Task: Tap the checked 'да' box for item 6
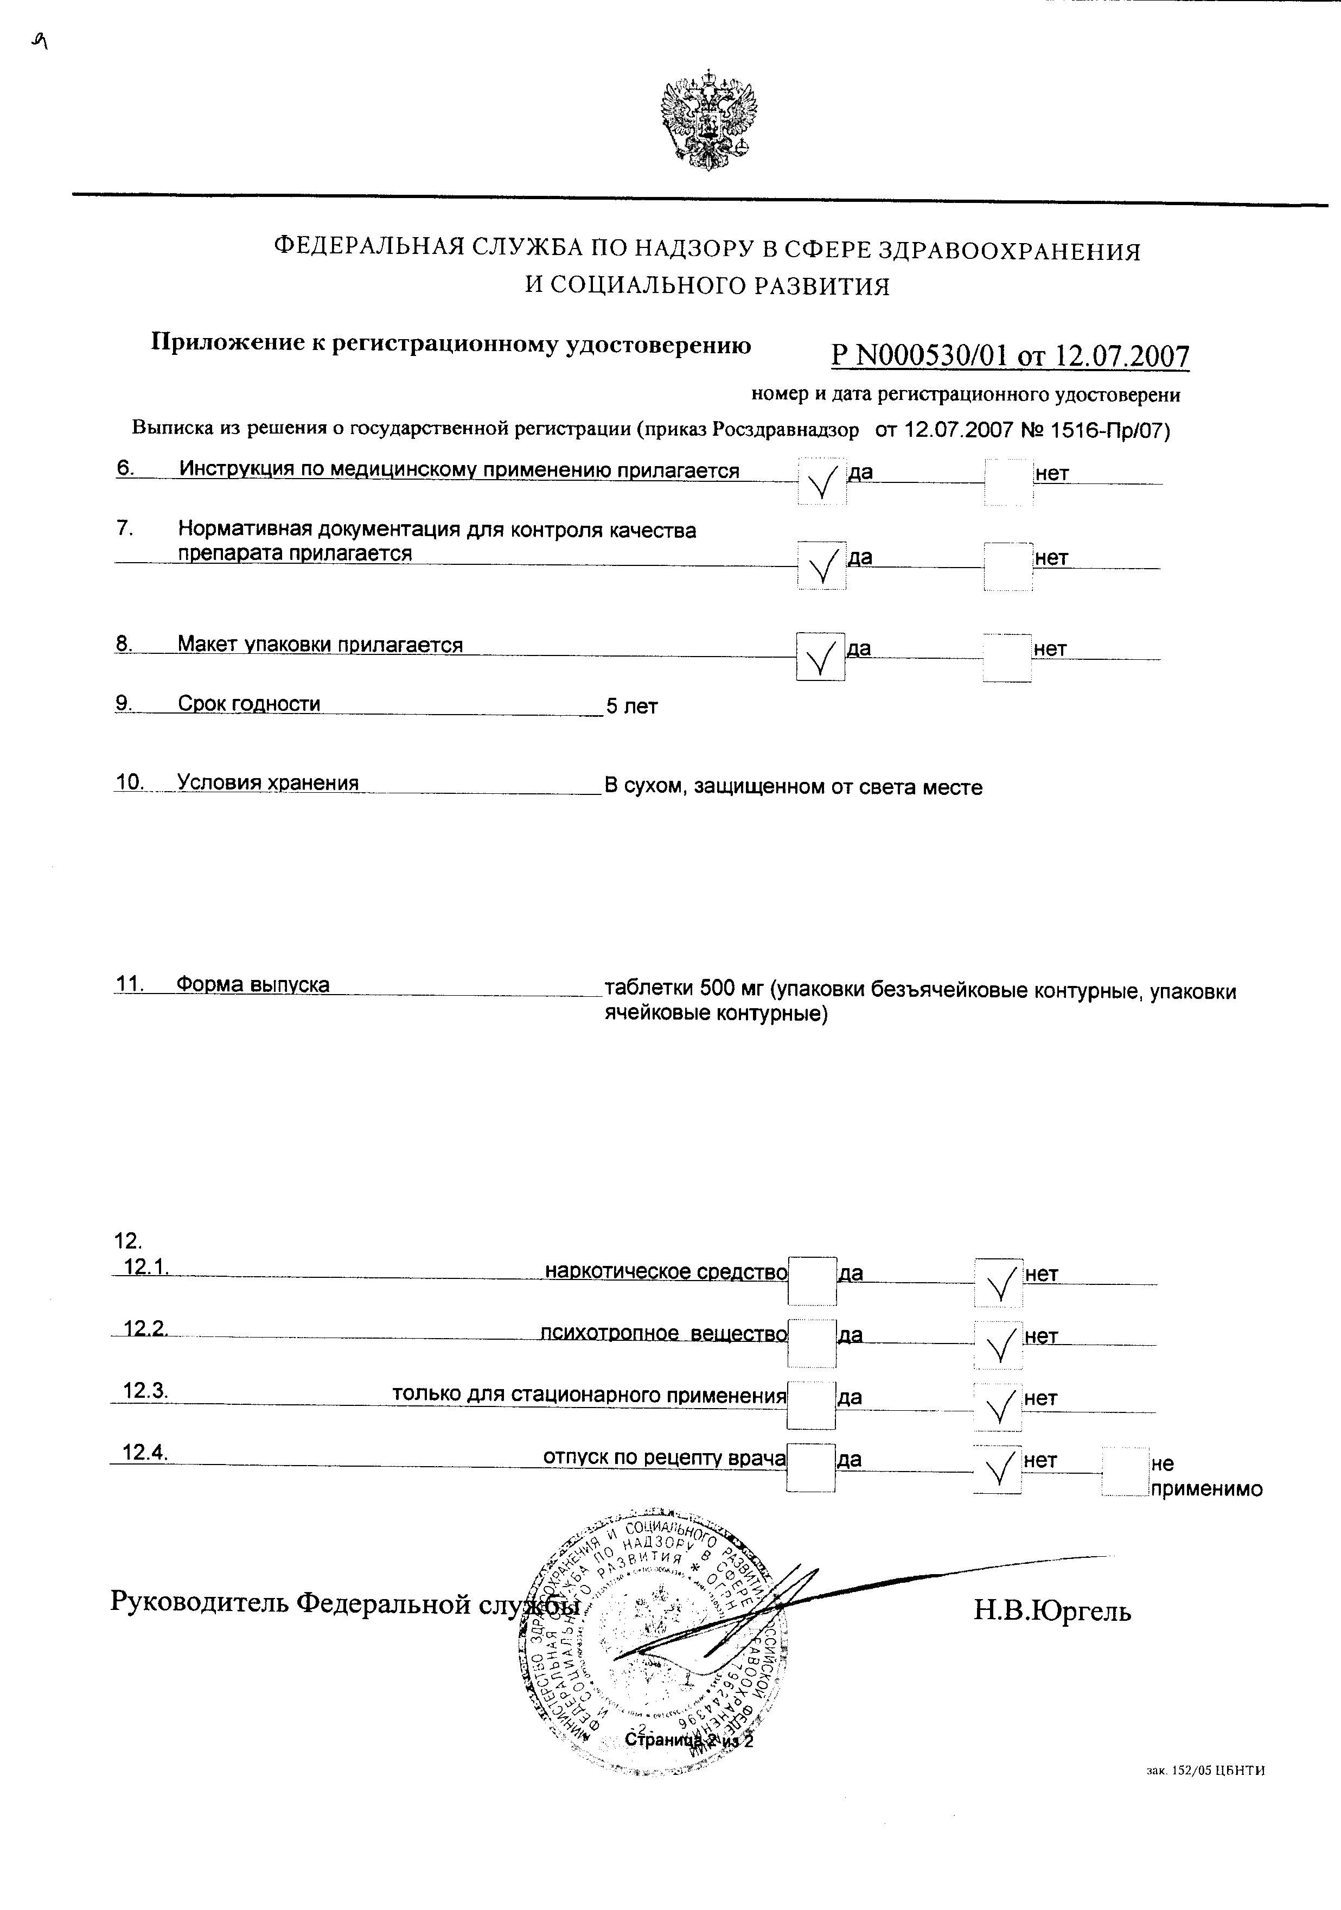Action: tap(822, 480)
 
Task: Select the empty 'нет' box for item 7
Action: tap(1008, 566)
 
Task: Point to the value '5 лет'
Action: tap(631, 707)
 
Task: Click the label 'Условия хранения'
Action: tap(268, 783)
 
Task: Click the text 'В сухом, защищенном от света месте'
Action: tap(793, 787)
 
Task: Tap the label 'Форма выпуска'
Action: tap(253, 985)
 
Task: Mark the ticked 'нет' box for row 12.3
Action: tap(998, 1406)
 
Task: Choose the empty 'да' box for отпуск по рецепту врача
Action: tap(811, 1468)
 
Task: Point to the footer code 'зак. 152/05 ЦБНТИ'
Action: tap(1205, 1794)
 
